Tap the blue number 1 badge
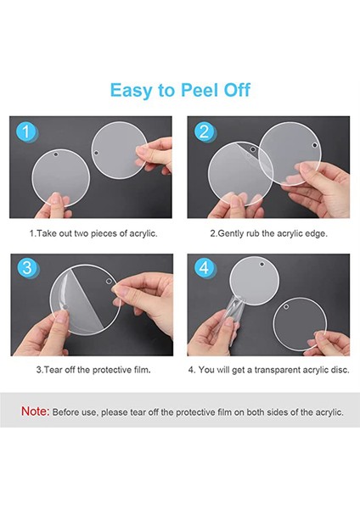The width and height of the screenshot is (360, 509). pos(25,131)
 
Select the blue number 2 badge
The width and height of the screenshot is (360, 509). pos(204,131)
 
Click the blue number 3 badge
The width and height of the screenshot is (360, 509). pos(27,268)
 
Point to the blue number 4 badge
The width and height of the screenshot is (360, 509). pos(204,268)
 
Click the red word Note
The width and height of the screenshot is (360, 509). pos(36,411)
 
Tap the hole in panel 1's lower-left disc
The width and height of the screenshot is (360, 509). pos(56,154)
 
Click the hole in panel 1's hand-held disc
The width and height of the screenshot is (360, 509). pos(96,153)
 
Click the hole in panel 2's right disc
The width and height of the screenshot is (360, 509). pos(314,145)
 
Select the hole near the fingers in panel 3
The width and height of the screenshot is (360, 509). pos(109,282)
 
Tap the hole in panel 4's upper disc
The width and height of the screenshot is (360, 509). pos(262,264)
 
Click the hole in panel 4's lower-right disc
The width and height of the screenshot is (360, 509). pos(286,307)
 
